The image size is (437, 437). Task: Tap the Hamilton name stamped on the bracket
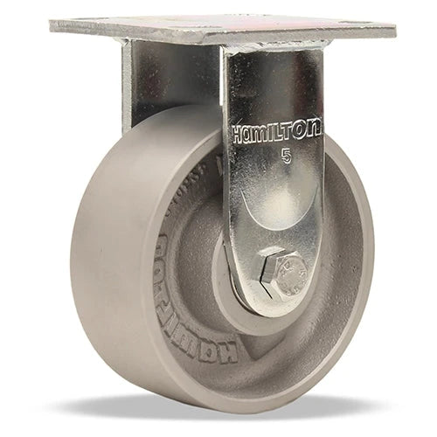tap(276, 131)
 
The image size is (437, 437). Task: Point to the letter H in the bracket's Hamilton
tap(238, 134)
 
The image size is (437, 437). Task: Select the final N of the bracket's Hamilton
tap(315, 128)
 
